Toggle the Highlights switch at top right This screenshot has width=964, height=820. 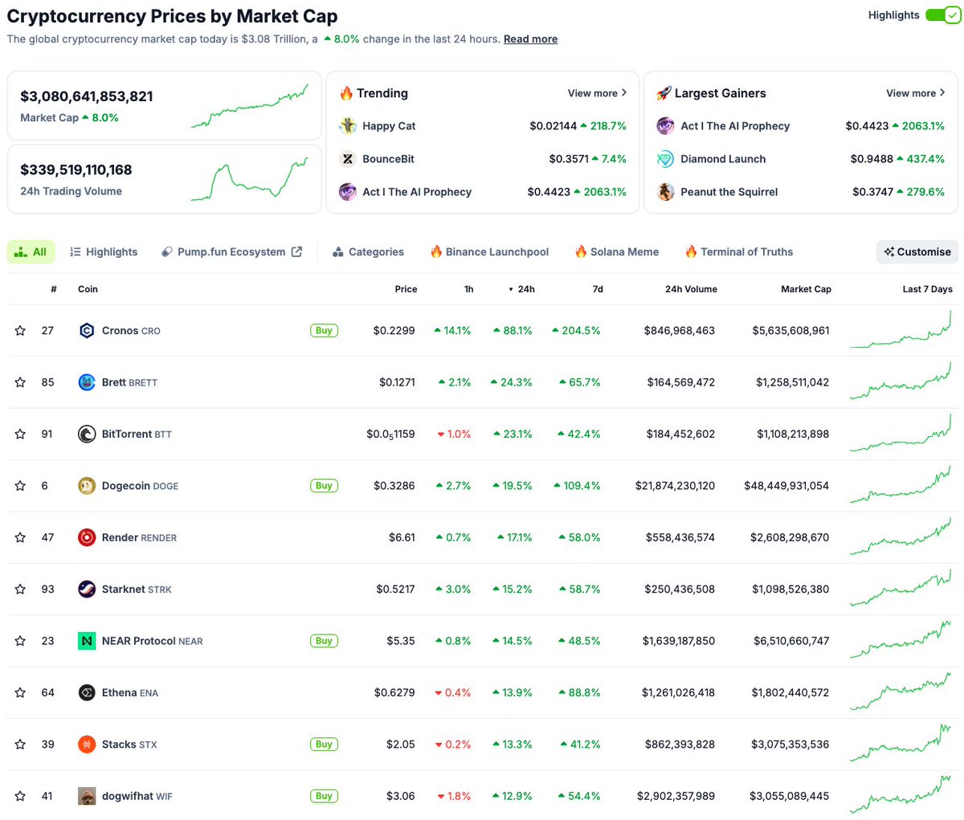[942, 15]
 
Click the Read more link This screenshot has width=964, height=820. [530, 39]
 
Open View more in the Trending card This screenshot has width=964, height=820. [597, 93]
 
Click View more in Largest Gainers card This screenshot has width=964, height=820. [915, 93]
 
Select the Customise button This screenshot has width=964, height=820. [917, 252]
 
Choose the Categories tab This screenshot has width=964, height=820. [368, 252]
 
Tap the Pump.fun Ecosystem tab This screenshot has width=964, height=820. [231, 252]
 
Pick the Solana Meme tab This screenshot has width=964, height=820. [616, 252]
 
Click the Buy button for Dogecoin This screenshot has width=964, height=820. [324, 486]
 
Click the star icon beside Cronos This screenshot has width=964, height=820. [20, 331]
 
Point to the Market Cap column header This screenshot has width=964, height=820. [806, 289]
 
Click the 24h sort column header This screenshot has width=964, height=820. [522, 289]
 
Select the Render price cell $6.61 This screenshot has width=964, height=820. [402, 537]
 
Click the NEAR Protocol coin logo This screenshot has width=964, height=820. [87, 641]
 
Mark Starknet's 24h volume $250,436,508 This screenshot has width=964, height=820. [679, 590]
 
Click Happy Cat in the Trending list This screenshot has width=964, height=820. [389, 126]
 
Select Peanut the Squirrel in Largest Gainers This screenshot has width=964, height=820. [729, 192]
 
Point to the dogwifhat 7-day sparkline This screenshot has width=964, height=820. [900, 794]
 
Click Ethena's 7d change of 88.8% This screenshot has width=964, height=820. [579, 693]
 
